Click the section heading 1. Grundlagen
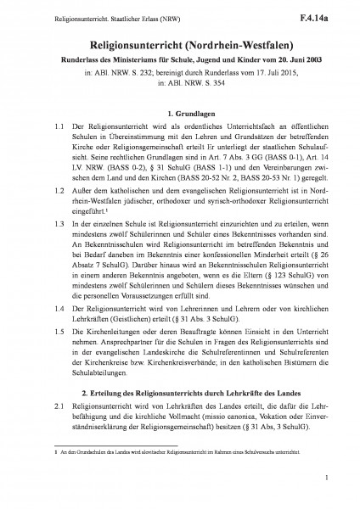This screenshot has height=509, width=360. point(180,112)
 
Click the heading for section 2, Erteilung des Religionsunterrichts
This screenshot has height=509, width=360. point(180,393)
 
